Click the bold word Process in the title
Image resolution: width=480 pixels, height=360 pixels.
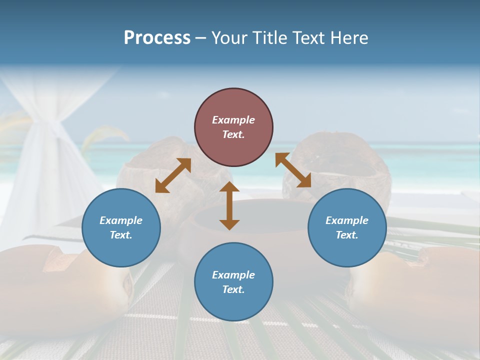click(x=157, y=38)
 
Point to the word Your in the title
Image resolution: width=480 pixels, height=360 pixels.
click(x=229, y=38)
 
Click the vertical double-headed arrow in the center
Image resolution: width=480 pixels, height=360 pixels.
click(x=229, y=205)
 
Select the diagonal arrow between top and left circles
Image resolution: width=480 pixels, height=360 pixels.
click(x=173, y=175)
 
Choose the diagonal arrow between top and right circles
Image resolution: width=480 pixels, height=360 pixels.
click(x=293, y=170)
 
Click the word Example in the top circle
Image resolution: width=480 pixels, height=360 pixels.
click(x=233, y=120)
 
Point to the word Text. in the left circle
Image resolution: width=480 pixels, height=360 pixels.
click(x=121, y=235)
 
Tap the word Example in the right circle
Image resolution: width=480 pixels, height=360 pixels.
click(x=347, y=220)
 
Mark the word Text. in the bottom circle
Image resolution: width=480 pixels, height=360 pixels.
click(x=233, y=289)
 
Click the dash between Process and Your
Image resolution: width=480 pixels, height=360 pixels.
click(x=200, y=38)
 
